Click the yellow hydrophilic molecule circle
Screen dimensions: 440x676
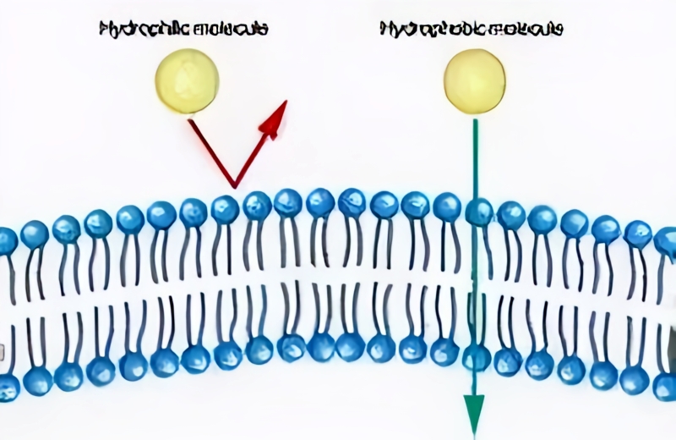[x=187, y=80]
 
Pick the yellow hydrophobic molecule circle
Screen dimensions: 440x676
[x=474, y=80]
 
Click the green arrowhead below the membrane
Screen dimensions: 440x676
[x=474, y=415]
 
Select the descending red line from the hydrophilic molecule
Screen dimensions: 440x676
[x=210, y=151]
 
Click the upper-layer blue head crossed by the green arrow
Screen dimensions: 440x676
[x=478, y=212]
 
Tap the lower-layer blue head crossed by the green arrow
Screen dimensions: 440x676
[x=476, y=356]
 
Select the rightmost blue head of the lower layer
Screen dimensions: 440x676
[x=666, y=386]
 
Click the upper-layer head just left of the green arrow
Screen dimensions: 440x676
[x=446, y=206]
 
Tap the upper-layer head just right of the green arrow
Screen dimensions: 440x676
[x=510, y=215]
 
